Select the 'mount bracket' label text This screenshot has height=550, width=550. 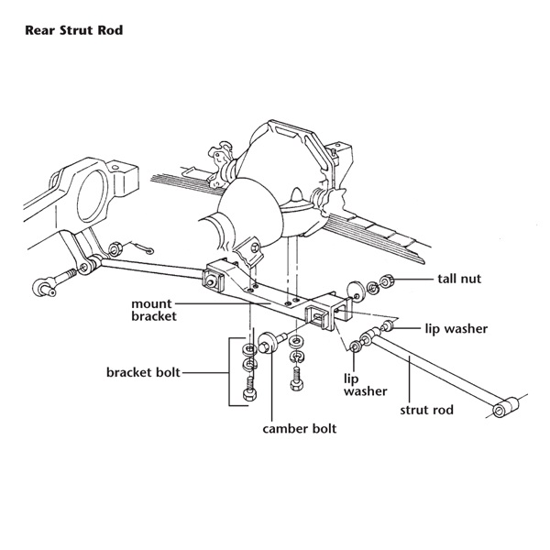(x=159, y=310)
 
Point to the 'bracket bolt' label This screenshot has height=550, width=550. (x=143, y=373)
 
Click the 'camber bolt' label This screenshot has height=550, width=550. (x=300, y=428)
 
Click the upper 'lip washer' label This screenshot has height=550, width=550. (x=456, y=327)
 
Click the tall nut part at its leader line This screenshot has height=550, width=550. (x=387, y=280)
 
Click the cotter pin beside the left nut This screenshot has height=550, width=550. (x=141, y=249)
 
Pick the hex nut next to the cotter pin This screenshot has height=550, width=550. (x=117, y=248)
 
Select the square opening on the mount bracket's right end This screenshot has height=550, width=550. (x=317, y=320)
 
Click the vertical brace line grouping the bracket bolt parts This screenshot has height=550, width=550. (x=228, y=373)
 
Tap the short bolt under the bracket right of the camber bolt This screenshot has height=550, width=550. (x=297, y=373)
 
